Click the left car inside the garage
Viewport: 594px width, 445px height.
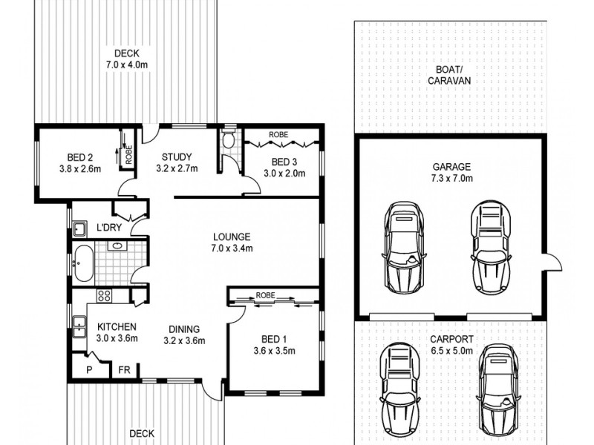[x=404, y=246]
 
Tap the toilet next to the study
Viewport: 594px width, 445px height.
[x=229, y=141]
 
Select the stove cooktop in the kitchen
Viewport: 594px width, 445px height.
[x=105, y=296]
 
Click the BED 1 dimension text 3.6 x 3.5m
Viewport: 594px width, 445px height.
[x=274, y=352]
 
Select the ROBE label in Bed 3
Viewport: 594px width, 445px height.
[x=278, y=135]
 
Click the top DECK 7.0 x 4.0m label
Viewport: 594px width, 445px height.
[x=125, y=59]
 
